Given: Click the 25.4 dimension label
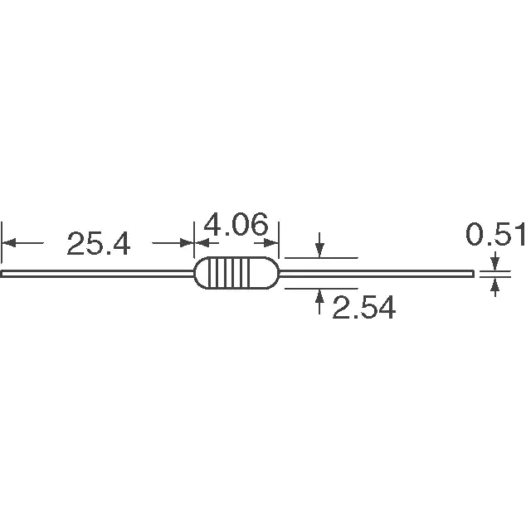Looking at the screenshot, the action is tap(98, 243).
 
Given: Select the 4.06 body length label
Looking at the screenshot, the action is tap(236, 224).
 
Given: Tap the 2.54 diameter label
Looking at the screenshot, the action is tap(363, 307).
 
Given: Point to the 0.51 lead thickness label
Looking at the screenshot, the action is tap(495, 234).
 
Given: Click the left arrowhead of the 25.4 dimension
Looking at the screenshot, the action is tap(9, 243).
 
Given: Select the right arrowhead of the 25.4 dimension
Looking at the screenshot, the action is tap(187, 243).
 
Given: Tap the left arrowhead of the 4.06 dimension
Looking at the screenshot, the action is tap(202, 243).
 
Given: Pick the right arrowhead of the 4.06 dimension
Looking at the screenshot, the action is tap(271, 243).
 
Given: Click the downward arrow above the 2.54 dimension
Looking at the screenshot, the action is tap(319, 245).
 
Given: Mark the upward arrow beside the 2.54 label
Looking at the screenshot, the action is tap(319, 301).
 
